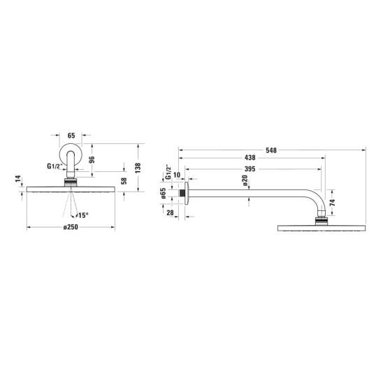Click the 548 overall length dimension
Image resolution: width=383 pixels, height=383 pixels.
(271, 150)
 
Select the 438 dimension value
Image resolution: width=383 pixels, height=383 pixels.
(250, 158)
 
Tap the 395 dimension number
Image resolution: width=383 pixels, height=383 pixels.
(250, 168)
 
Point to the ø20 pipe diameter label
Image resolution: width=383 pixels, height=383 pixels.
(245, 180)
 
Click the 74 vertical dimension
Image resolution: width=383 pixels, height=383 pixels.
(333, 203)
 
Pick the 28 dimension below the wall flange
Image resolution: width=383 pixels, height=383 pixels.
(170, 212)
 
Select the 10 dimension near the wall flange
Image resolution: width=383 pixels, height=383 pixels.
(177, 175)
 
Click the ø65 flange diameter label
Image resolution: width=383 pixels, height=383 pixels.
(164, 193)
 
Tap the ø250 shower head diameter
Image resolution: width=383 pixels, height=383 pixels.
(71, 227)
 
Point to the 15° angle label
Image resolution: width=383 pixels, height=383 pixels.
(83, 215)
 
